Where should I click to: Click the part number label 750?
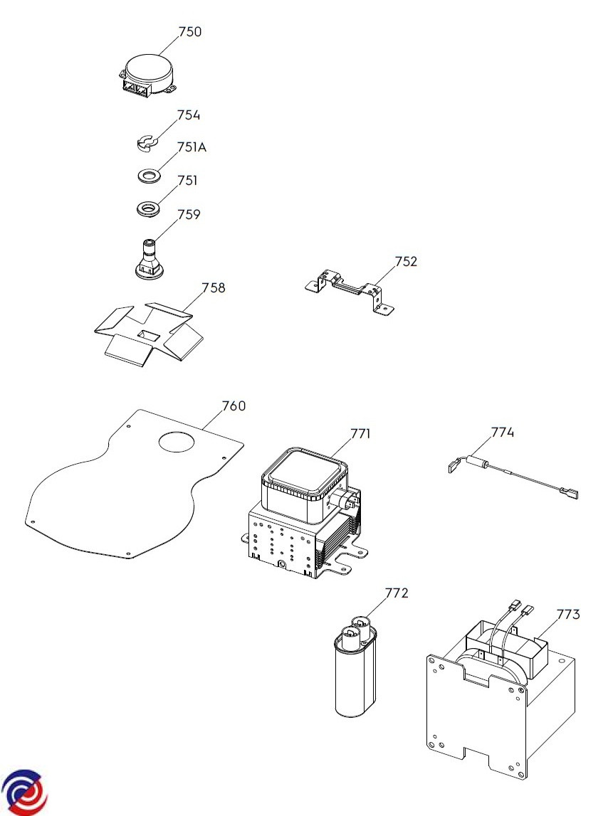point(190,32)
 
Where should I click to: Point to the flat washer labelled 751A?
point(148,174)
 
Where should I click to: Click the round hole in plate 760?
point(176,441)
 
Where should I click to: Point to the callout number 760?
point(234,406)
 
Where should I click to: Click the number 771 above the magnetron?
point(361,433)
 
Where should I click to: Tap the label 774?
point(502,433)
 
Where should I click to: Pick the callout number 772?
point(397,593)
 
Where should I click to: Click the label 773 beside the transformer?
point(568,613)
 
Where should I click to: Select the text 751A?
point(192,148)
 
